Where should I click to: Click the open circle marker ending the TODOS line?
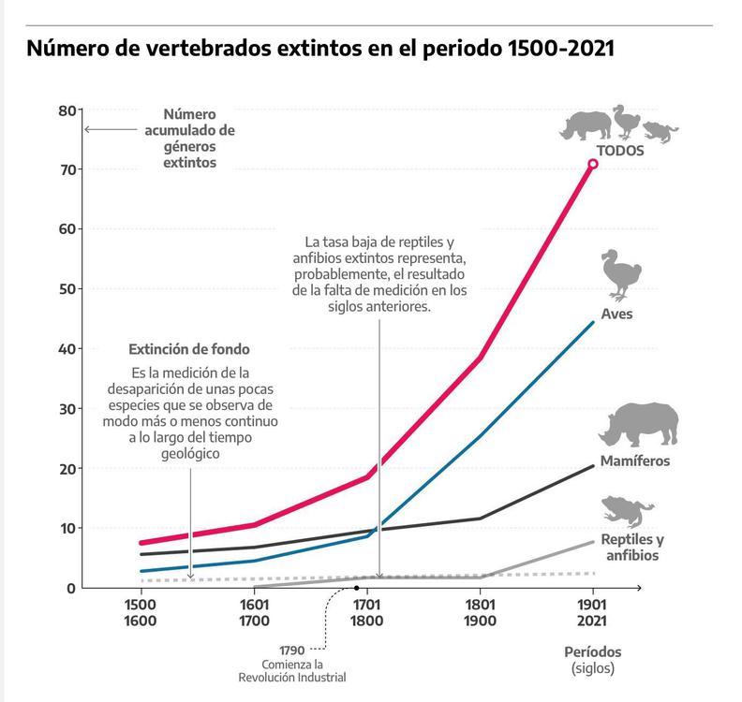(593, 164)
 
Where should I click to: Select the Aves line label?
(617, 314)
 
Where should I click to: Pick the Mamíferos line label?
(636, 461)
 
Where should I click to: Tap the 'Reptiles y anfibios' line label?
(632, 548)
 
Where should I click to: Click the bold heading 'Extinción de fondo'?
(189, 349)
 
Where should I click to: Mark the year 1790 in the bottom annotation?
(292, 650)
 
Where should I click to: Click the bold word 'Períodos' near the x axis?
(592, 651)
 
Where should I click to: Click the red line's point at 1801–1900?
(480, 358)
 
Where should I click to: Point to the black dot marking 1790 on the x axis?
(357, 588)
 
